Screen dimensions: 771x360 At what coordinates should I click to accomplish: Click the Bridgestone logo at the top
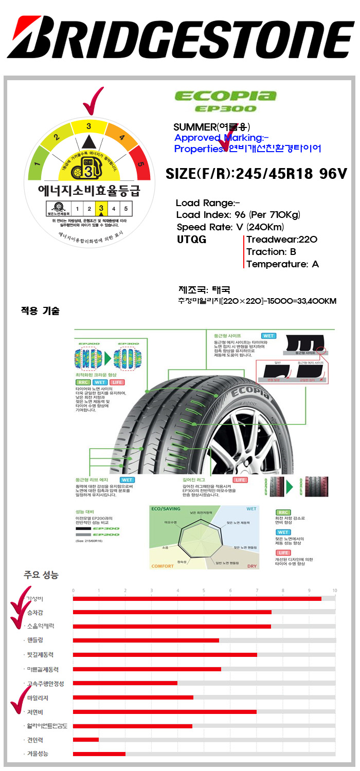click(180, 39)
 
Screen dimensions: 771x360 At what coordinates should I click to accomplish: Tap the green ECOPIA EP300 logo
click(225, 100)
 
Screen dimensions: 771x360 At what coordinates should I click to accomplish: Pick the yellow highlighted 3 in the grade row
click(101, 208)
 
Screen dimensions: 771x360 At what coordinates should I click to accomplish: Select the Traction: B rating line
click(272, 252)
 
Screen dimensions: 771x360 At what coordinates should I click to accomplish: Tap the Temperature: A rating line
click(283, 264)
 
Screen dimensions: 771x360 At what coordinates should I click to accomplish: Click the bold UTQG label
click(191, 240)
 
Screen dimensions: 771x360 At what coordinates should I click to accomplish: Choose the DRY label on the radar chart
click(252, 566)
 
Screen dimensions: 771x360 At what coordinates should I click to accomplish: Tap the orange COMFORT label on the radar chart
click(162, 566)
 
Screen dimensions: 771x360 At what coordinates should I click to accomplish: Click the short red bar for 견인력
click(86, 740)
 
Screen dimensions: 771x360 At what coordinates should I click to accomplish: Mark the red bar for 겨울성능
click(99, 754)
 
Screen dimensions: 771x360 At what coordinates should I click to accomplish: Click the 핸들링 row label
click(35, 640)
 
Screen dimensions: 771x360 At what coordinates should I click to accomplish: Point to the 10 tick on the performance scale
click(334, 590)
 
